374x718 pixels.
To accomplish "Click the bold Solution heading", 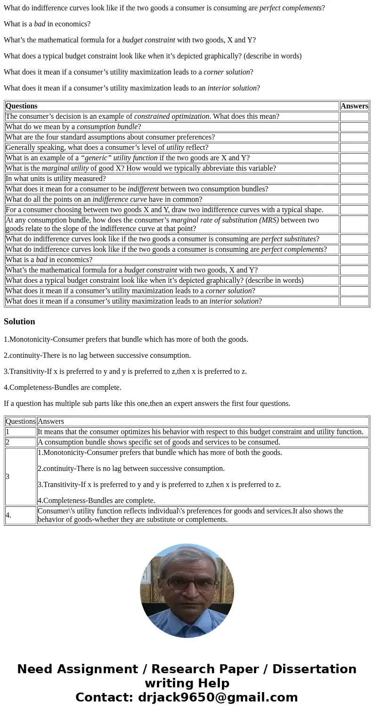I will click(x=19, y=322).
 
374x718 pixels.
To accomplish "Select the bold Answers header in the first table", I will click(x=354, y=106).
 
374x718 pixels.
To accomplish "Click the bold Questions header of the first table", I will click(x=21, y=106).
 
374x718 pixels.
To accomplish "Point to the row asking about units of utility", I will click(x=56, y=179).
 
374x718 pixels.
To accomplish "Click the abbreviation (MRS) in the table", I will click(x=268, y=220).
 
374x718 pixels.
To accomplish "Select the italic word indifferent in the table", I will click(x=143, y=189).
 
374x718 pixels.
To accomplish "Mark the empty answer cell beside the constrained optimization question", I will click(x=354, y=116).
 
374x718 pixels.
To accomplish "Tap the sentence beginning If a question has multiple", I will click(x=147, y=404).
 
